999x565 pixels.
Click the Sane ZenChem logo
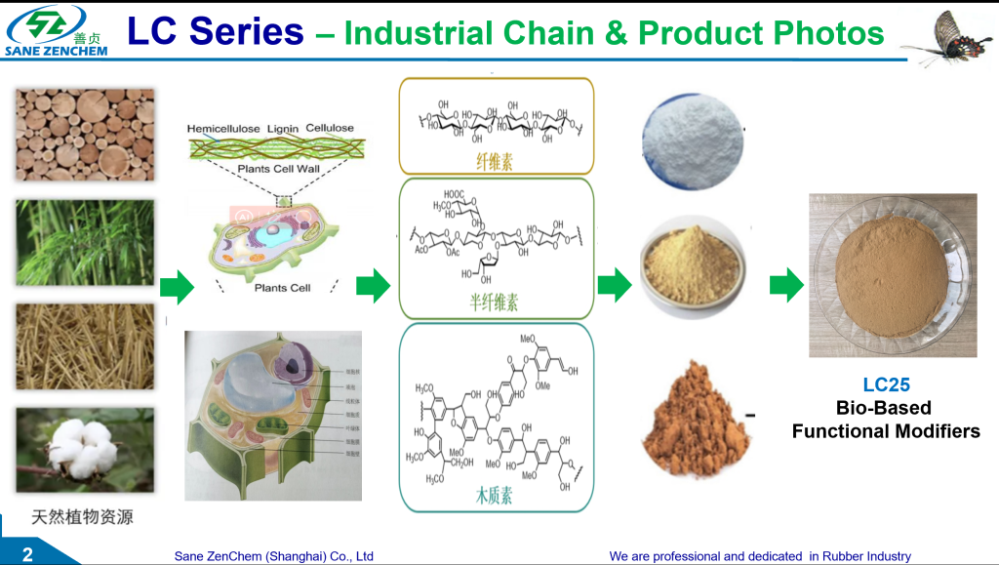point(57,30)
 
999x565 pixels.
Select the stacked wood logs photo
point(85,135)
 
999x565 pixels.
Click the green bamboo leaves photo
point(85,243)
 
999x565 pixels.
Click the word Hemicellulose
point(222,128)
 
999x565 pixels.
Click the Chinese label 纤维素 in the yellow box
point(495,162)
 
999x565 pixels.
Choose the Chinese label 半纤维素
point(495,303)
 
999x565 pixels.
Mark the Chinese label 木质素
point(495,496)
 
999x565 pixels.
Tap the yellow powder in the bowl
point(692,264)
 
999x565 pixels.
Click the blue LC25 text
point(886,384)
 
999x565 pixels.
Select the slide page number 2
point(27,555)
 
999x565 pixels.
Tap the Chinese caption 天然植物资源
point(82,517)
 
